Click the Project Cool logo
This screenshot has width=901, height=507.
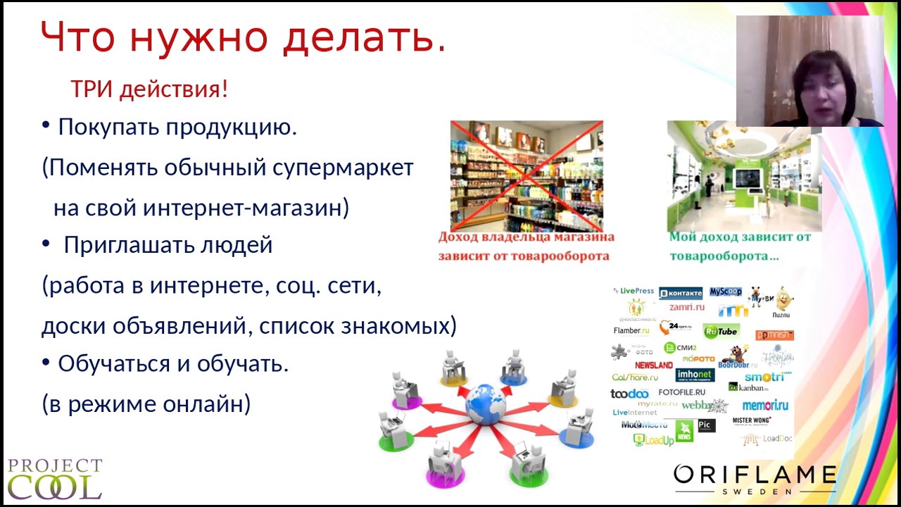click(x=54, y=479)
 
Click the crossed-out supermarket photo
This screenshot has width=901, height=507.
click(x=527, y=175)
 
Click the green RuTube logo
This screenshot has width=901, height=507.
click(x=721, y=331)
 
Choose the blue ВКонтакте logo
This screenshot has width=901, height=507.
click(x=680, y=292)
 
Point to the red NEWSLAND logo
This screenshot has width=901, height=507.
click(x=654, y=365)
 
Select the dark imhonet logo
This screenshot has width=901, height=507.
click(x=695, y=375)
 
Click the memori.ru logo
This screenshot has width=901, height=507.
click(x=765, y=405)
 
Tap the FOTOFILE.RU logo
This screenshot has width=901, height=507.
click(x=681, y=392)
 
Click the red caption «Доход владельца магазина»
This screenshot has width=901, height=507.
click(x=526, y=237)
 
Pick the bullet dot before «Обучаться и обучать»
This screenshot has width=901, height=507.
click(x=46, y=363)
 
